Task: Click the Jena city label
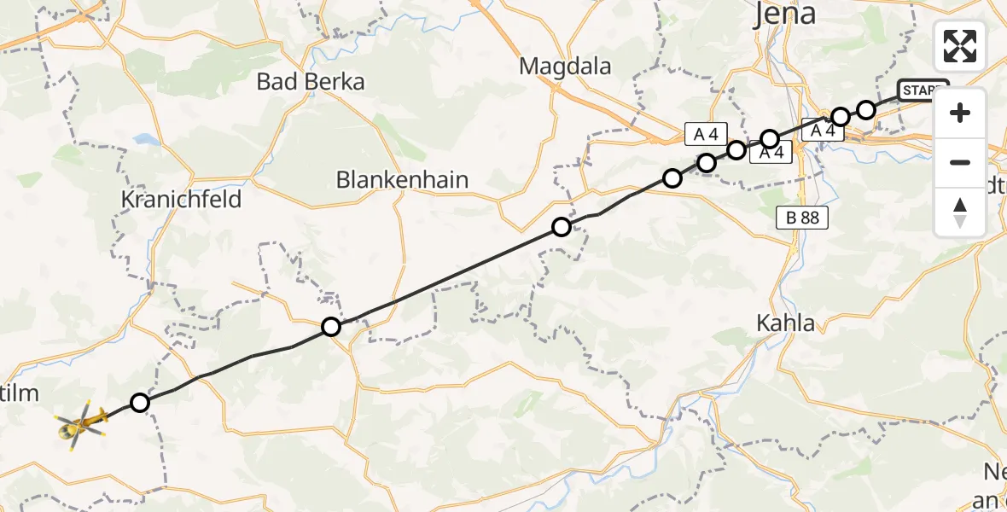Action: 784,14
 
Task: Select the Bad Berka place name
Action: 311,82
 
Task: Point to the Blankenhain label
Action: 403,180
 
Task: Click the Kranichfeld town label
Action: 182,200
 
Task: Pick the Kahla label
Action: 786,323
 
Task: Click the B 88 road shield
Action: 801,218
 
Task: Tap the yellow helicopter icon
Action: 80,422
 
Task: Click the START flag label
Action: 923,89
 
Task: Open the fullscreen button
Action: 960,46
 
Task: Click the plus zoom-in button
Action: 960,113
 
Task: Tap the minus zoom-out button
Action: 960,162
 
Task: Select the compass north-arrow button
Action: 960,212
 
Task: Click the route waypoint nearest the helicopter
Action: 140,403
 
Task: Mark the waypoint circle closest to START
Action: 866,109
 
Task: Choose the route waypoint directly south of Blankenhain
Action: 331,326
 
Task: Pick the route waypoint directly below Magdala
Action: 561,227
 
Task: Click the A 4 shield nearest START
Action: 822,131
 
